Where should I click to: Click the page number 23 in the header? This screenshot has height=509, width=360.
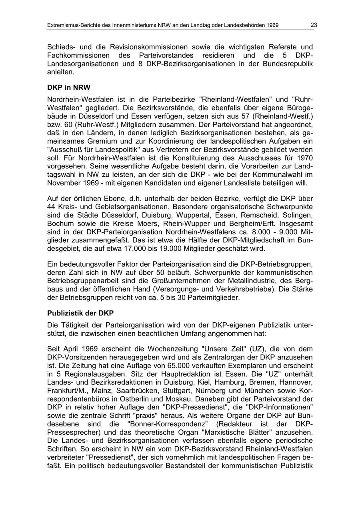pyautogui.click(x=314, y=25)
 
